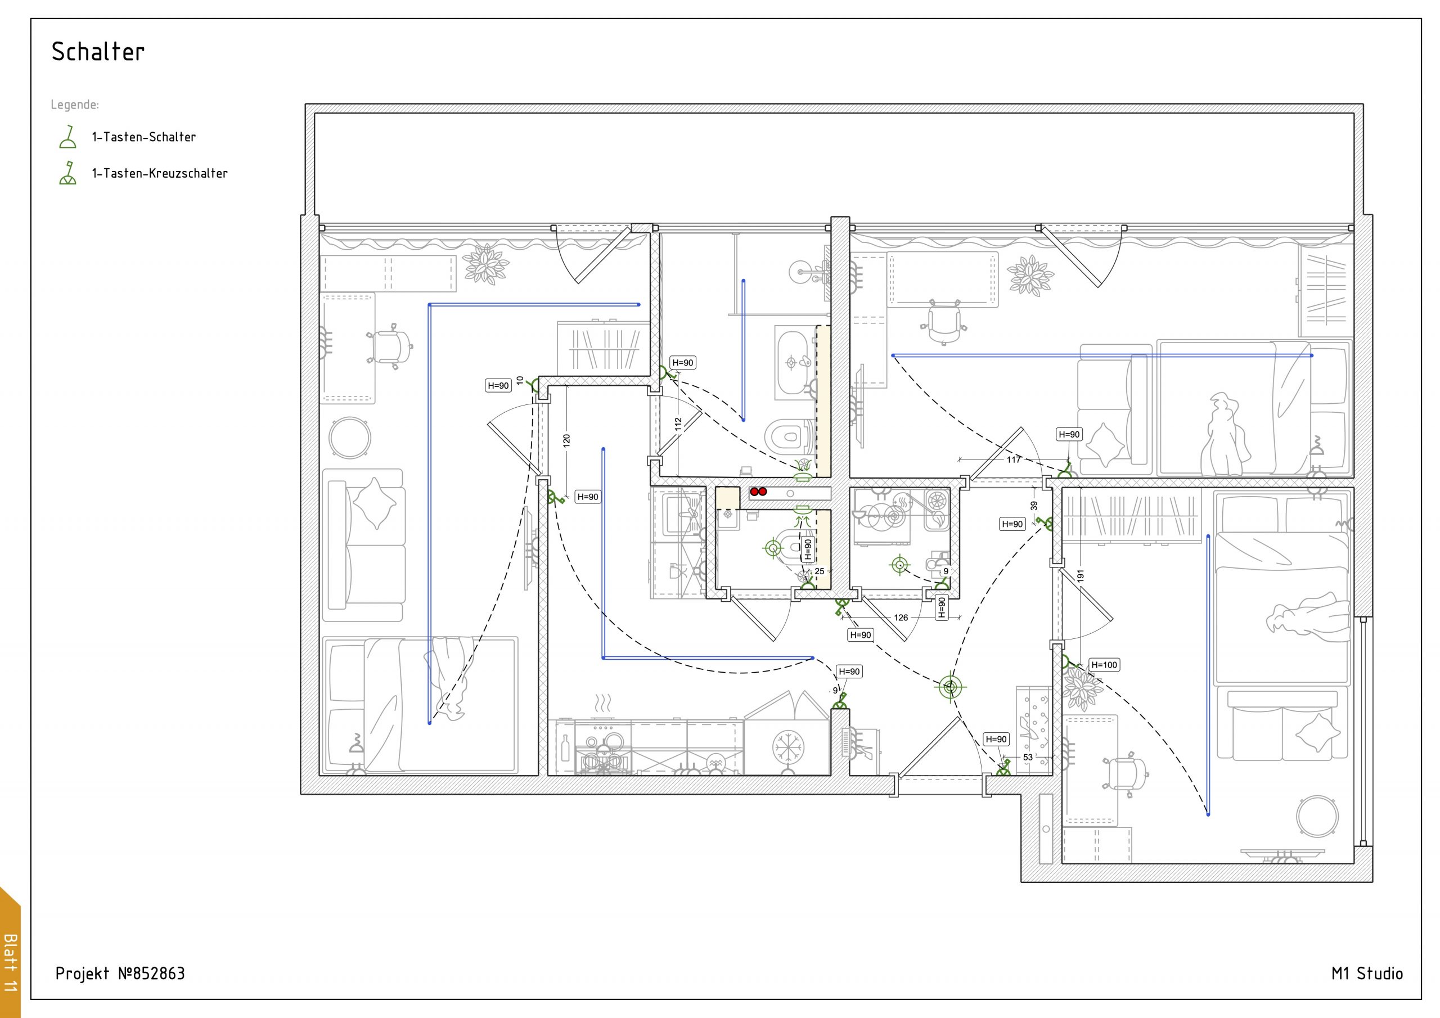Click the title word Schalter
tap(98, 51)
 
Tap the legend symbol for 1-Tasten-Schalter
tap(67, 137)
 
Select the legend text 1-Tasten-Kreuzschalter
tap(160, 173)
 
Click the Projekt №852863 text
tap(120, 974)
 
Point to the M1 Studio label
tap(1367, 974)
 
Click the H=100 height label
tap(1104, 665)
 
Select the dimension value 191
tap(1080, 576)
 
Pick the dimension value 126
tap(901, 618)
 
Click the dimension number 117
tap(1014, 460)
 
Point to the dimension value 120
tap(567, 440)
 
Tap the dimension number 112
tap(678, 425)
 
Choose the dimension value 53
tap(1028, 757)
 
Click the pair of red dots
tap(758, 492)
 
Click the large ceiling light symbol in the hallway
tap(950, 687)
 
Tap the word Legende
tap(75, 105)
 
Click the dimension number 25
tap(819, 571)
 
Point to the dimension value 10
tap(520, 380)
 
